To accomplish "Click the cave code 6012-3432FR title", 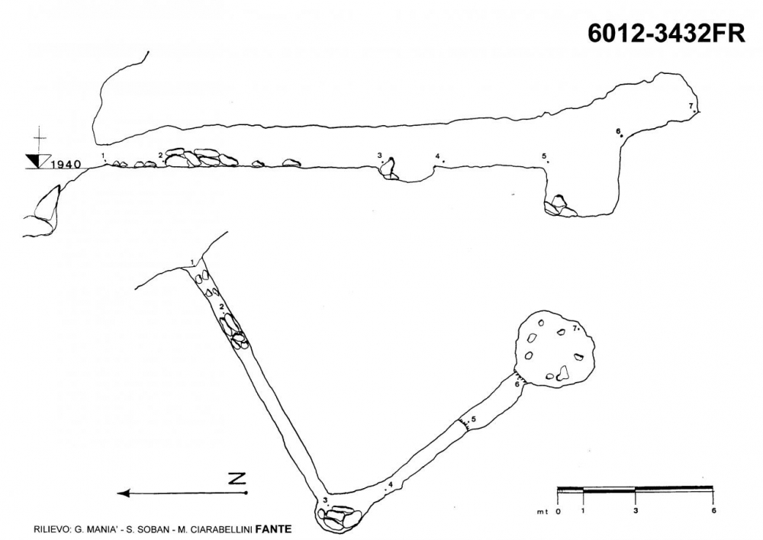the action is tap(666, 34).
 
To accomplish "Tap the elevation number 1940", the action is tap(66, 165).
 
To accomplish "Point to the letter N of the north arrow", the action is tap(237, 478).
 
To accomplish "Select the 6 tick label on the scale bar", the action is tap(713, 511).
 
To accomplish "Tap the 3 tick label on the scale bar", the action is tap(636, 511).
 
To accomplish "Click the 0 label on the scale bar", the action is tap(559, 511).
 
